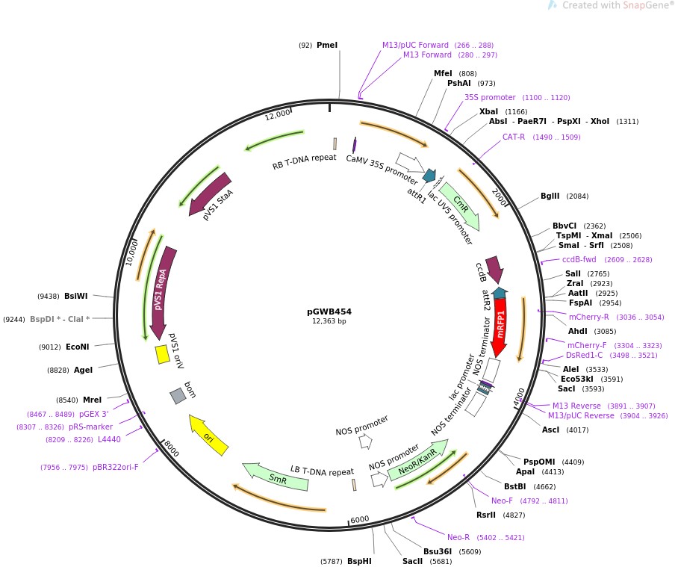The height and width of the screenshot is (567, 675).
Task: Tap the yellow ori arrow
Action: click(x=208, y=436)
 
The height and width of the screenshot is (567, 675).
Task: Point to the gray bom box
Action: click(x=178, y=396)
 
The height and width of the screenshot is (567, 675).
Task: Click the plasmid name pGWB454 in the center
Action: click(x=329, y=312)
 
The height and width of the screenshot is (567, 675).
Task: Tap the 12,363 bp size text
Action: click(x=329, y=321)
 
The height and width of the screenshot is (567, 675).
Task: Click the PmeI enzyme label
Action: click(x=327, y=46)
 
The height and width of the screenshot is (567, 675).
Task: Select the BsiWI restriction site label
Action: click(x=76, y=296)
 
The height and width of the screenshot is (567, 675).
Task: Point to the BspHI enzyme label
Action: click(x=359, y=561)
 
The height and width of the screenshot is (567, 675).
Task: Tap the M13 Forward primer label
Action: click(x=427, y=55)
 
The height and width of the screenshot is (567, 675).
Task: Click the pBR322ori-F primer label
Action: click(x=116, y=467)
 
